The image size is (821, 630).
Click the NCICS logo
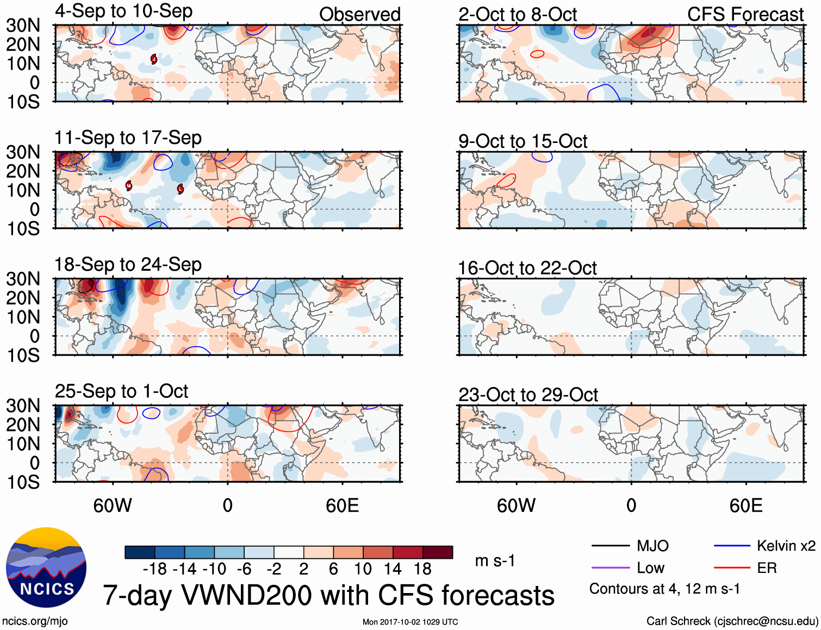(46, 567)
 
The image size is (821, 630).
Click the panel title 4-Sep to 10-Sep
(123, 11)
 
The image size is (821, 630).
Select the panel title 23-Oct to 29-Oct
(527, 395)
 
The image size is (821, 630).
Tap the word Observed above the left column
(359, 14)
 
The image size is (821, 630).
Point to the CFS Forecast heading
(745, 14)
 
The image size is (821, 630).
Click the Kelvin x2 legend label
(786, 546)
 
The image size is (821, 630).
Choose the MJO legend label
(652, 546)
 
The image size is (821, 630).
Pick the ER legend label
(767, 568)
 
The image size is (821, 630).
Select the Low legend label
(650, 568)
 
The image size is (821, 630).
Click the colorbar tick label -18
(154, 569)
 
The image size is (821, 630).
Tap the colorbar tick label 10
(363, 569)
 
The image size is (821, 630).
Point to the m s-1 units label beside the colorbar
(495, 560)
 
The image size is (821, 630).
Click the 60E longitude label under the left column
(342, 506)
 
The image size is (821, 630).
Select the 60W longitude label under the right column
(516, 506)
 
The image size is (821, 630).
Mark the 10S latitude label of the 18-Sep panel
(23, 355)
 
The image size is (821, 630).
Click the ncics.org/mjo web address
(35, 621)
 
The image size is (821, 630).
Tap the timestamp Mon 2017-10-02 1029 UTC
(410, 622)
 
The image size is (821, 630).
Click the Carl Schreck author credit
(732, 621)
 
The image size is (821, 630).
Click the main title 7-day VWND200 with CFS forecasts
(328, 595)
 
